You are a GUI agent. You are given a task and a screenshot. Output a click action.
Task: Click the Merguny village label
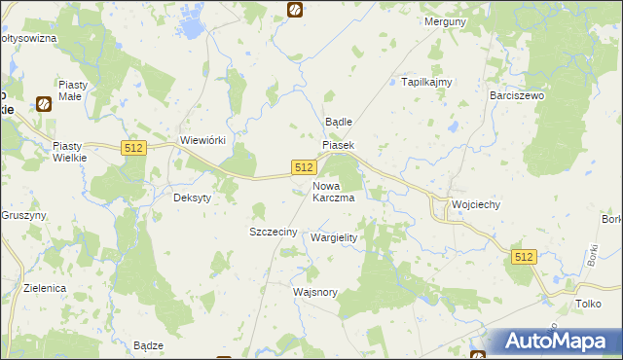click(x=447, y=20)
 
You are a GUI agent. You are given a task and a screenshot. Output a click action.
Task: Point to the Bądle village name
click(x=337, y=122)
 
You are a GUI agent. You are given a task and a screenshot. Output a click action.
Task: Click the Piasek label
click(x=339, y=145)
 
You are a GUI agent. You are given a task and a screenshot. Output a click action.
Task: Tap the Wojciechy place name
click(x=476, y=204)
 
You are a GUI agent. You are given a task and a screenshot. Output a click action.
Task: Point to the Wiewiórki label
click(x=203, y=140)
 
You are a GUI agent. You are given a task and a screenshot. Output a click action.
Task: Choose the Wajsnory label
click(x=314, y=291)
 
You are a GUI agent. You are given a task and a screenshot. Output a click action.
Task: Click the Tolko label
click(x=587, y=305)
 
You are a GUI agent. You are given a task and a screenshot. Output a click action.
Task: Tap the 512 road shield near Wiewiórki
click(x=134, y=147)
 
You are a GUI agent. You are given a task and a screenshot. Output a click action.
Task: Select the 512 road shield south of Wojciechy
click(x=524, y=256)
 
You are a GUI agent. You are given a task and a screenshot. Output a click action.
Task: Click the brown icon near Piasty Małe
click(x=44, y=103)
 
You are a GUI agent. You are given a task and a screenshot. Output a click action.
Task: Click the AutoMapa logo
click(x=558, y=341)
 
